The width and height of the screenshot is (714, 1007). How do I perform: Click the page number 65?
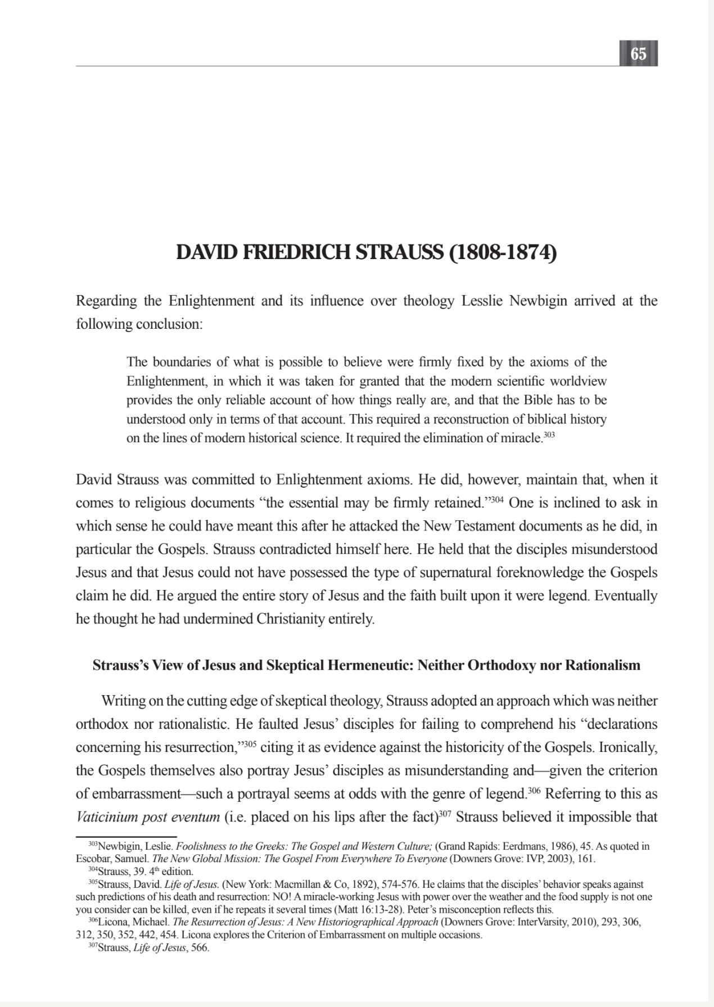638,54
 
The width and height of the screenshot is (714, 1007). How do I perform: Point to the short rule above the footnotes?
126,837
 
